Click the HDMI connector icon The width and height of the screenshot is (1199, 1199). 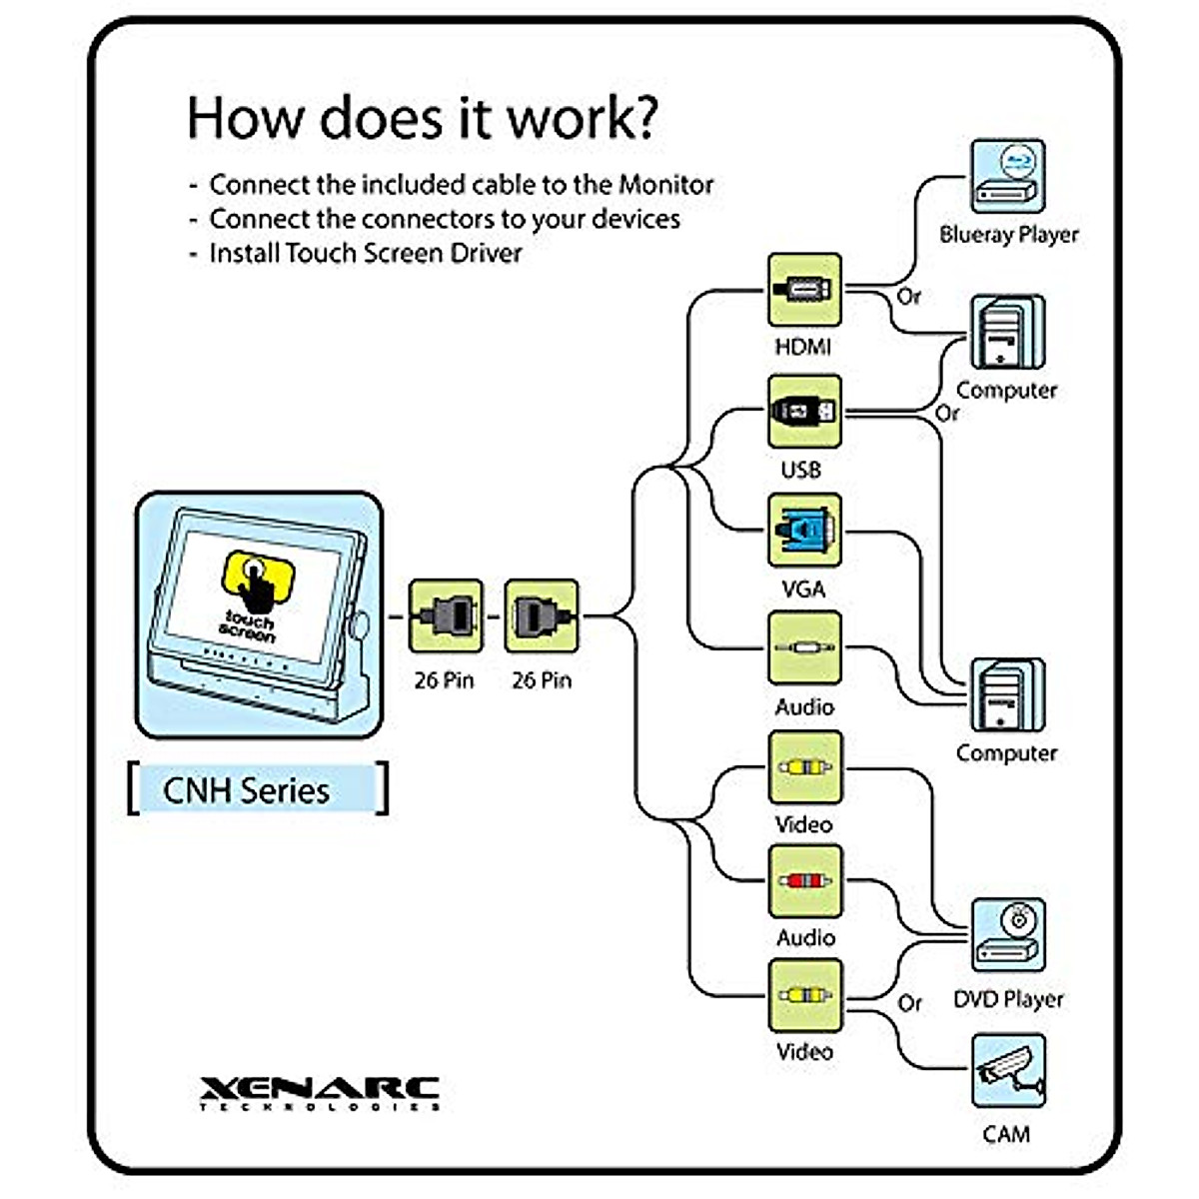click(x=804, y=290)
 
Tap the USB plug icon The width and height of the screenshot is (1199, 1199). click(x=804, y=411)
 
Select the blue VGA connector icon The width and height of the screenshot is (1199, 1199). click(x=804, y=530)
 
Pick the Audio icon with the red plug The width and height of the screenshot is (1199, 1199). click(x=804, y=881)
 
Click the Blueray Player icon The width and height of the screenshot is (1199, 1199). click(x=1007, y=177)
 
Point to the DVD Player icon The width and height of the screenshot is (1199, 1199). click(x=1008, y=934)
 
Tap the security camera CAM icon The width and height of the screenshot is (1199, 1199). click(x=1008, y=1071)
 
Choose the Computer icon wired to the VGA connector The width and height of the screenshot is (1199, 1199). click(x=1008, y=695)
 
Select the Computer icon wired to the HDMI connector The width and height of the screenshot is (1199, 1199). click(x=1007, y=333)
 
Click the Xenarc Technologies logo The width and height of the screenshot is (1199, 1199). click(x=320, y=1092)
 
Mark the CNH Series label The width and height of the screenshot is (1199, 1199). click(x=247, y=790)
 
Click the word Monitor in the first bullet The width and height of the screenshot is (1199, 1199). click(x=666, y=185)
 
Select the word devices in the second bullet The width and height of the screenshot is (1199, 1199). click(x=635, y=219)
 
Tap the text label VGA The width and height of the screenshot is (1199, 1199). click(x=803, y=589)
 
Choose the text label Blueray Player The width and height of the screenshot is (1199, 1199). click(x=1009, y=235)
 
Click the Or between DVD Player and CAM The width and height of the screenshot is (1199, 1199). click(x=909, y=1002)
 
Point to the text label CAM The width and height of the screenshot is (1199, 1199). click(x=1006, y=1134)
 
